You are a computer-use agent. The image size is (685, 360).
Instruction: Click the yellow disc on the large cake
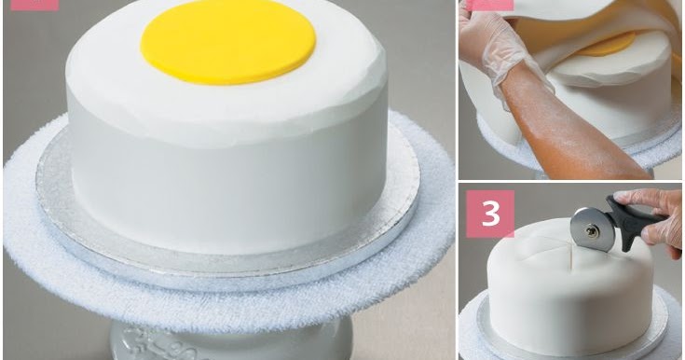pyautogui.click(x=227, y=40)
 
